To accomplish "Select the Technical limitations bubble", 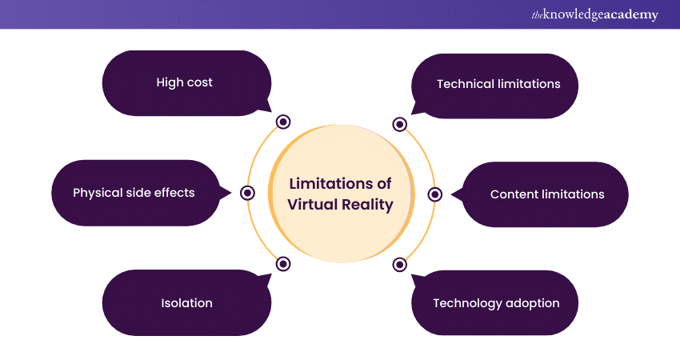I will tap(498, 84).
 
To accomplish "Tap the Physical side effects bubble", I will tap(134, 193).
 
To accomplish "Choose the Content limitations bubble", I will tap(547, 194).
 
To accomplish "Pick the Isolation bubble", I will tap(186, 303).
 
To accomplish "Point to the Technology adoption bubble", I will tap(496, 303).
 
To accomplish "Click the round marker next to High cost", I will tap(282, 122).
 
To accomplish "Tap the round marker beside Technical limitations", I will tap(400, 124).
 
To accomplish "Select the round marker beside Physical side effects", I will tap(247, 193).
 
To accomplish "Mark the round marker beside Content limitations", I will tap(435, 194).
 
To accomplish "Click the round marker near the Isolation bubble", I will tap(282, 263).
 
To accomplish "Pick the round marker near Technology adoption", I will tap(400, 263).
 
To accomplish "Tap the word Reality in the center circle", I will tap(370, 205).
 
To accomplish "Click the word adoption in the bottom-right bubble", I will tap(532, 303).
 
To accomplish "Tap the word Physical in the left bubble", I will tap(97, 193).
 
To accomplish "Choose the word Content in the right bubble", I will tap(514, 194).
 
